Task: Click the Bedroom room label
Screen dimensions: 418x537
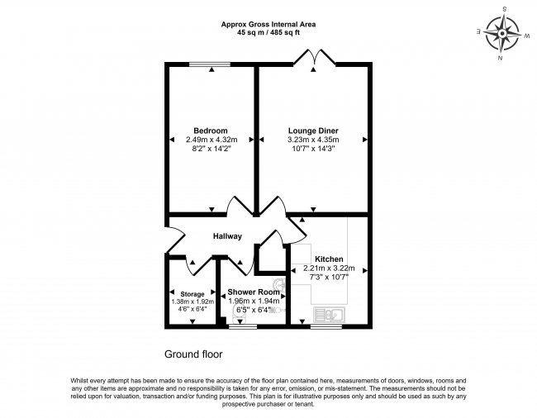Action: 210,131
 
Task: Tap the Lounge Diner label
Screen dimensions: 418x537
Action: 313,131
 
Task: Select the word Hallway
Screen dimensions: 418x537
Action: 227,237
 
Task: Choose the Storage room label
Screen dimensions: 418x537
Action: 192,293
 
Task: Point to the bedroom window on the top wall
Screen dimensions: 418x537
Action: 210,65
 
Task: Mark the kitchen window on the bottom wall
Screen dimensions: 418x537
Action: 327,326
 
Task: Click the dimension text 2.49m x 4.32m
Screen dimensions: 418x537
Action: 210,140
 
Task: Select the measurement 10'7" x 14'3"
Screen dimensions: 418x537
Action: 313,150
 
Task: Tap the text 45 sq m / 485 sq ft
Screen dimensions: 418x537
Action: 268,32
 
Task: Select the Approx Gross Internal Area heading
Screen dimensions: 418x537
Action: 268,24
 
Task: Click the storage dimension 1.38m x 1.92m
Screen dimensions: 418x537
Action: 192,302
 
